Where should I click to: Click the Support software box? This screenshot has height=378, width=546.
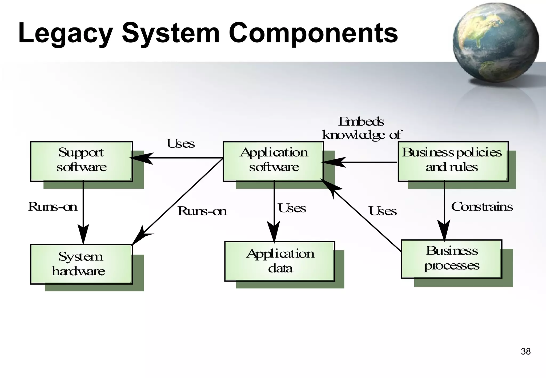coord(81,161)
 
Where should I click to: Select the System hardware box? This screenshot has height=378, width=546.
coord(81,264)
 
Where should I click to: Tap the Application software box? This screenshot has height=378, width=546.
coord(273,161)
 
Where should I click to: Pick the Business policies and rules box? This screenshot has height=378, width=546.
coord(453,161)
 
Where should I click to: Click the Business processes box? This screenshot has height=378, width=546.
coord(451,259)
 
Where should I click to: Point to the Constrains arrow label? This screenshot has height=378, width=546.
coord(482,207)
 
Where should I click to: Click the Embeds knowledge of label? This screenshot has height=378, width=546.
coord(362,128)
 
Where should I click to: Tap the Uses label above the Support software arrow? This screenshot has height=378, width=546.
coord(180,144)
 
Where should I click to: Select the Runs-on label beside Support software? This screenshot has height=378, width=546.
coord(53,207)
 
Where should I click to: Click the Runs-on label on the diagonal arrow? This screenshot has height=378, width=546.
coord(202,211)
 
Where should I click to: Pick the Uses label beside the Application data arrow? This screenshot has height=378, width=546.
coord(292,208)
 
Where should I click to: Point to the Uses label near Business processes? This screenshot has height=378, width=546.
coord(383,211)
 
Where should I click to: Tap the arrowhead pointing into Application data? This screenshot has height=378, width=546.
coord(274,231)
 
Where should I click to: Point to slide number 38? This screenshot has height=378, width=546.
coord(525,352)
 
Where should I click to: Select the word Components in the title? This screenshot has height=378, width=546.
coord(313,33)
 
